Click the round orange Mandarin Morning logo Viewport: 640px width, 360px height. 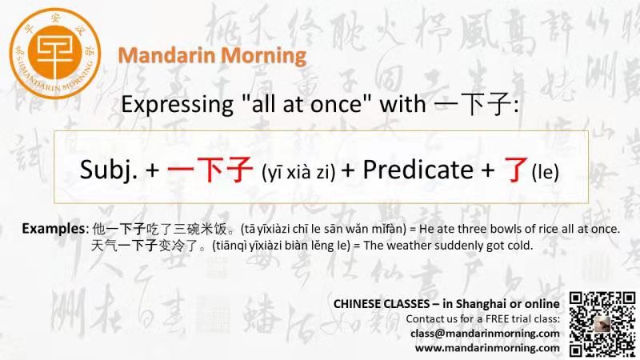pos(55,54)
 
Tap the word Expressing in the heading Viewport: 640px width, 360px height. pos(177,105)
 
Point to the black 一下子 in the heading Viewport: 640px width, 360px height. pos(473,104)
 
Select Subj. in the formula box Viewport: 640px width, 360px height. pos(108,170)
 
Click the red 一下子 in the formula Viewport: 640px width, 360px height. pos(210,169)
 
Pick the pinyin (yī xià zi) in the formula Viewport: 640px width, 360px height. pos(298,172)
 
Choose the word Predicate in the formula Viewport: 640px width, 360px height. pos(418,170)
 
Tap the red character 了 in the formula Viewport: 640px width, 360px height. pos(516,170)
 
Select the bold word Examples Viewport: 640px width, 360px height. pos(53,229)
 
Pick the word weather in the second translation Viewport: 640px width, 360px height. pos(410,246)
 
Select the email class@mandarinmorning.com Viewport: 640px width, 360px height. pos(485,334)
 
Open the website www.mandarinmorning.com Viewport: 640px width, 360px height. pos(487,348)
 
